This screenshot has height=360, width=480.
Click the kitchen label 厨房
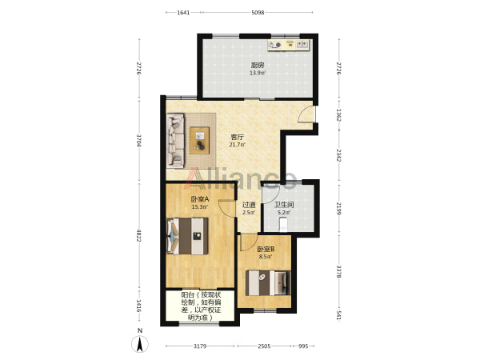[x=258, y=66]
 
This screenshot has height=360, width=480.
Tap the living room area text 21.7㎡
[x=237, y=145]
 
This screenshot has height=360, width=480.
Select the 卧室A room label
[x=199, y=199]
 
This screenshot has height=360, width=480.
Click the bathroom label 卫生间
[x=284, y=205]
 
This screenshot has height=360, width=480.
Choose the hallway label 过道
[x=249, y=205]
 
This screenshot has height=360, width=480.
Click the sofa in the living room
[x=175, y=141]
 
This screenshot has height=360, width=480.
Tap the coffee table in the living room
[x=199, y=141]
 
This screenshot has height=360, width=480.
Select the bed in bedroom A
[x=187, y=236]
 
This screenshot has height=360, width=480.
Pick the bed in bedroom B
[x=268, y=282]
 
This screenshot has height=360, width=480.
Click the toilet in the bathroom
[x=283, y=224]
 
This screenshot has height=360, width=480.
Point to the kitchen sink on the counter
[x=302, y=45]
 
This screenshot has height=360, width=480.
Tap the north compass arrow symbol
[x=140, y=344]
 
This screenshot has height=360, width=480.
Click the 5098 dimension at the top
[x=258, y=13]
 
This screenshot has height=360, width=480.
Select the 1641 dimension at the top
[x=183, y=13]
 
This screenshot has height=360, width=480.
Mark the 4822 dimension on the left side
[x=139, y=235]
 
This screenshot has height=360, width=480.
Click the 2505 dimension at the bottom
[x=264, y=346]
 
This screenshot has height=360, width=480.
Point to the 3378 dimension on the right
[x=338, y=271]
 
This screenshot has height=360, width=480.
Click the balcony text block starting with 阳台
[x=201, y=306]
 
